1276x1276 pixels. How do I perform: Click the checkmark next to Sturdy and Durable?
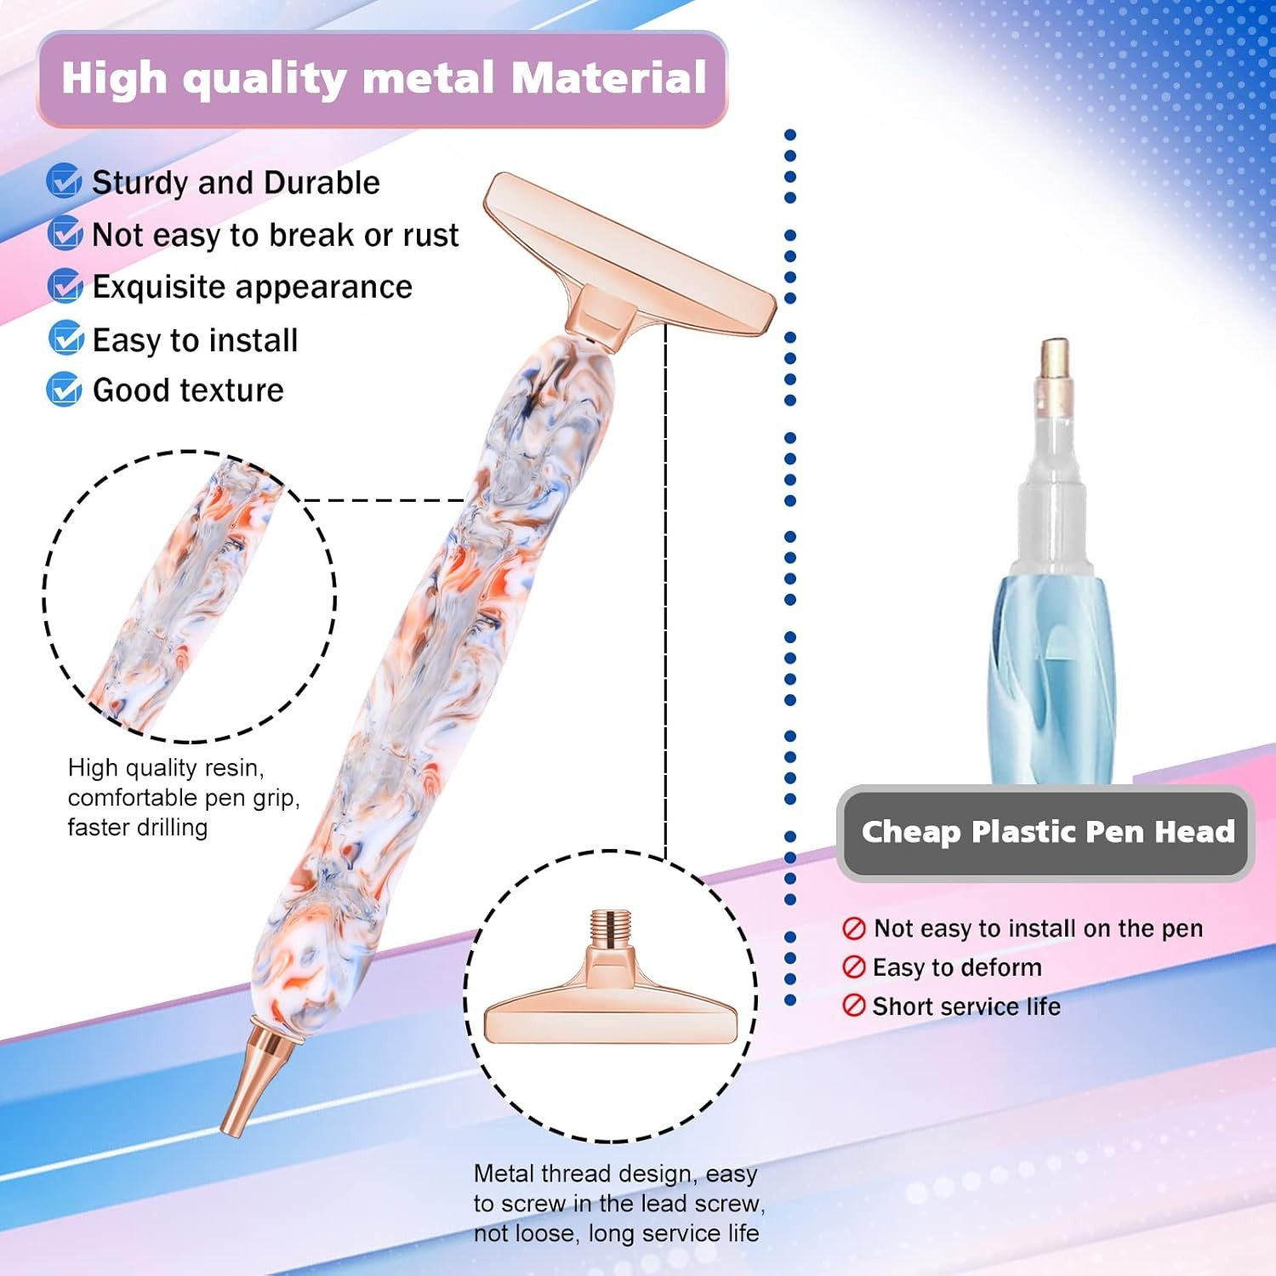click(64, 181)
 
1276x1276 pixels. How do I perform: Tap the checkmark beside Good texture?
click(64, 390)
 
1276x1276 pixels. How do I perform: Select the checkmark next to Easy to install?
click(66, 339)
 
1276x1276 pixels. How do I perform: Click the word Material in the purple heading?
click(608, 78)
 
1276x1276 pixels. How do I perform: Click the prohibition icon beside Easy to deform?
click(853, 967)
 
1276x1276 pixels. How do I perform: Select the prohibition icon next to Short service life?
click(853, 1005)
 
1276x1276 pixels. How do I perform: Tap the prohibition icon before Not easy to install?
click(853, 928)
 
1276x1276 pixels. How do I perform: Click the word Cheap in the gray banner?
click(910, 832)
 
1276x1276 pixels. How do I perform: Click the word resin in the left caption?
click(235, 768)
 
